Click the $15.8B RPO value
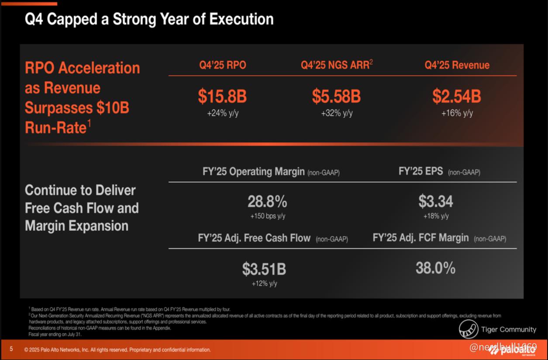[222, 96]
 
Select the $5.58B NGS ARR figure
[336, 96]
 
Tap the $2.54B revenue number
[457, 96]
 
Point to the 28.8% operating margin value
[267, 202]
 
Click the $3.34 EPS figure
[436, 202]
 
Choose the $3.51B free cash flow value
[264, 269]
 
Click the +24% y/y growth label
[222, 113]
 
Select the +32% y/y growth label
[337, 113]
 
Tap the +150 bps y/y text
[268, 216]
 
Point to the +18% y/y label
[436, 216]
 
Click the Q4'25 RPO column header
[223, 65]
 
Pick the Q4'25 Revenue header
[457, 65]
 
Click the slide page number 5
[11, 349]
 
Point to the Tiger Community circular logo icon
[469, 329]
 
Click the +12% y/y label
[264, 284]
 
